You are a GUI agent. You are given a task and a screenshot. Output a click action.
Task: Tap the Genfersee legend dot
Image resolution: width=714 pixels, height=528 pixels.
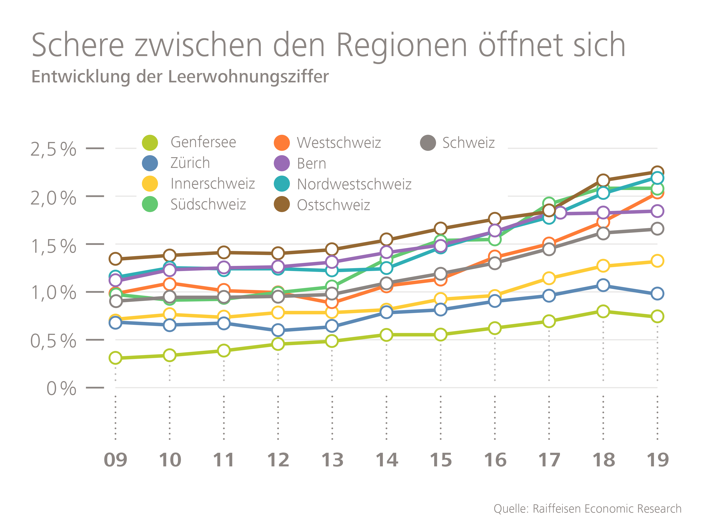tap(150, 142)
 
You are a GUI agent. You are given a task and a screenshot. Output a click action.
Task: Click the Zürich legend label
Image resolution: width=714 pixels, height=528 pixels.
tap(190, 163)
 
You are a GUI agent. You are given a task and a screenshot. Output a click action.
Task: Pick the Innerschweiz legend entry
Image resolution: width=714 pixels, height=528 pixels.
tap(212, 184)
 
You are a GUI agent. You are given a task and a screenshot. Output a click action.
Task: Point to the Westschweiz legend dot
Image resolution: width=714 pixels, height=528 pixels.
tap(282, 142)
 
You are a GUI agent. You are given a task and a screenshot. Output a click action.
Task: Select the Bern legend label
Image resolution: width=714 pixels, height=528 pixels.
tap(311, 164)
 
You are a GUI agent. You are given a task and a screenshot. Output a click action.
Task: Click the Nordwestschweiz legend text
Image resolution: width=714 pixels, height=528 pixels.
tap(354, 184)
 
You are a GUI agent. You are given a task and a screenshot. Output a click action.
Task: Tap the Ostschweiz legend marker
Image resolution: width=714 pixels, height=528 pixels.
tap(282, 205)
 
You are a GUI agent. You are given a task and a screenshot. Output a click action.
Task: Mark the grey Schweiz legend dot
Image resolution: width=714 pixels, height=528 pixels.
tap(428, 142)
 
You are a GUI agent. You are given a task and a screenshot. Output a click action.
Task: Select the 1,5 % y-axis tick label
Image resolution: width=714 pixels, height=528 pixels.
tap(53, 246)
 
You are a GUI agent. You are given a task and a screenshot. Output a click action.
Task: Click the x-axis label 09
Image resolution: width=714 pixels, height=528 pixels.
tap(115, 460)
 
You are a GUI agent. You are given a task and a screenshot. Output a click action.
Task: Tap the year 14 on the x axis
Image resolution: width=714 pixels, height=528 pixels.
tap(386, 460)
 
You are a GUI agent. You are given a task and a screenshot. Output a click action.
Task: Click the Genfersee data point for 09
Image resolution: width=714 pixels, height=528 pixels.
tap(115, 358)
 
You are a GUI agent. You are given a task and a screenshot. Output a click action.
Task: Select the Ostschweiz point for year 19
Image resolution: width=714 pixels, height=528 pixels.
tap(657, 172)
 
